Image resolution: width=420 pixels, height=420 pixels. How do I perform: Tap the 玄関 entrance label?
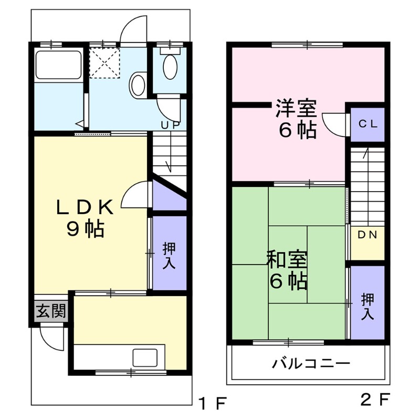point(51,312)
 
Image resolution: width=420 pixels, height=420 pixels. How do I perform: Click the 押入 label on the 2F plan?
point(367,307)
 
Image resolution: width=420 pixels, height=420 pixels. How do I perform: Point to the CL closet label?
point(367,124)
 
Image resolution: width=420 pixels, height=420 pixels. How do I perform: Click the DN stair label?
point(367,235)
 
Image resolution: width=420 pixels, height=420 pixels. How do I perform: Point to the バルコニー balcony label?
point(311,363)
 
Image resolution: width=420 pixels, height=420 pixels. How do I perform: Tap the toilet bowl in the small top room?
point(170,66)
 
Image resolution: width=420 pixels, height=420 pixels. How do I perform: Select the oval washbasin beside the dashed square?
point(138,84)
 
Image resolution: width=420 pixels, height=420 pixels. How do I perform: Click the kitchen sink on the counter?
point(144,358)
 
